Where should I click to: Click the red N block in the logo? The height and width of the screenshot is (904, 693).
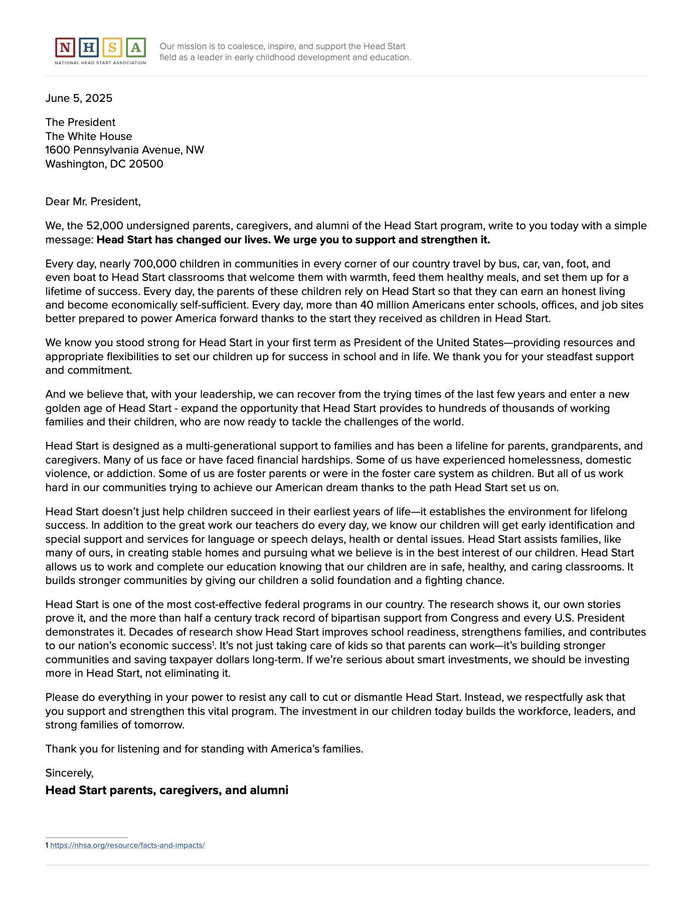point(65,48)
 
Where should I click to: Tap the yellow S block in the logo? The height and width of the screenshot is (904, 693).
point(112,48)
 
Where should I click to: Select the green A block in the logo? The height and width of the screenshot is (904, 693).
point(136,48)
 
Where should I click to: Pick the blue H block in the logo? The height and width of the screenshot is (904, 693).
point(89,48)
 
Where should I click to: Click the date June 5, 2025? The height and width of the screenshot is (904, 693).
point(79,98)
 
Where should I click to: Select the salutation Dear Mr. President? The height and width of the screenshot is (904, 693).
point(93,202)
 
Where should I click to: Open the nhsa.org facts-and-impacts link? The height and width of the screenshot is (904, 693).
point(127,845)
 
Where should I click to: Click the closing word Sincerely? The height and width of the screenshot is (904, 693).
point(69,773)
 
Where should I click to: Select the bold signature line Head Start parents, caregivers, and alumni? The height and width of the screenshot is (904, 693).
point(166,791)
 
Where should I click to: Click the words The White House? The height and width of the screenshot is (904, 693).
point(89,136)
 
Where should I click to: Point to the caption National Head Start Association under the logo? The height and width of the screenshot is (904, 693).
point(100,63)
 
